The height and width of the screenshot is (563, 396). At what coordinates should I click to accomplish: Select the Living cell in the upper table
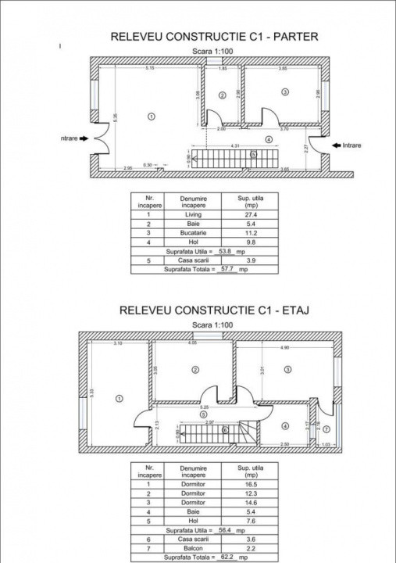tap(192, 213)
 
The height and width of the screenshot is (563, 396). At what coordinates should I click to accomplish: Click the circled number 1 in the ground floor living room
tap(151, 116)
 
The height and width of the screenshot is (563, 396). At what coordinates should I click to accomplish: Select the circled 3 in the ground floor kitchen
tap(285, 92)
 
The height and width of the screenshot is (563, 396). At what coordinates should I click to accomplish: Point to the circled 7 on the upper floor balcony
tap(326, 429)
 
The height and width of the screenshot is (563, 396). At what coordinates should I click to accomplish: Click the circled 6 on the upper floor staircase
tap(225, 429)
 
